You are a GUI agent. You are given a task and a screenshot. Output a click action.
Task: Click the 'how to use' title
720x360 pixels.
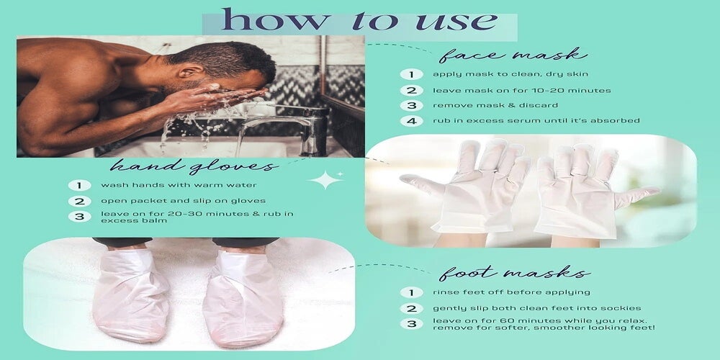tap(359, 21)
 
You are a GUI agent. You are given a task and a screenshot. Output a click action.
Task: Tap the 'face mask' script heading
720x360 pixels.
tap(513, 55)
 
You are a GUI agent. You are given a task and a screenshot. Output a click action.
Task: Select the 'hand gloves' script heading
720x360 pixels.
tap(194, 166)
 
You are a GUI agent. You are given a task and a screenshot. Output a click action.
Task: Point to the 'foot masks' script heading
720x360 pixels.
tap(514, 272)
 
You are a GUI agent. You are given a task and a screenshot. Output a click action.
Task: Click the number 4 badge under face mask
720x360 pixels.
tap(411, 121)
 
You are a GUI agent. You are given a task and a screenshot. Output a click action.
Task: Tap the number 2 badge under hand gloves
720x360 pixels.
tap(79, 201)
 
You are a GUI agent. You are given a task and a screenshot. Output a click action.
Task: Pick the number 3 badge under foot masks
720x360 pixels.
tap(411, 323)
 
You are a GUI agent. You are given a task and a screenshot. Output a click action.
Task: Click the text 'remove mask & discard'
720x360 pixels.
tap(495, 105)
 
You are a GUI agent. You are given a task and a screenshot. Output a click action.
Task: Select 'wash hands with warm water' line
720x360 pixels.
tap(179, 185)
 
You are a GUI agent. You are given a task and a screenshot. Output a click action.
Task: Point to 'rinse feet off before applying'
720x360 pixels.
tap(511, 292)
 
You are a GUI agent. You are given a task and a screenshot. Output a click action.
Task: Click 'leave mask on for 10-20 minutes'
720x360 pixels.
tap(521, 91)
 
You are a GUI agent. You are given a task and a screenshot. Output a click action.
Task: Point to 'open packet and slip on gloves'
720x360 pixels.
tap(183, 201)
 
